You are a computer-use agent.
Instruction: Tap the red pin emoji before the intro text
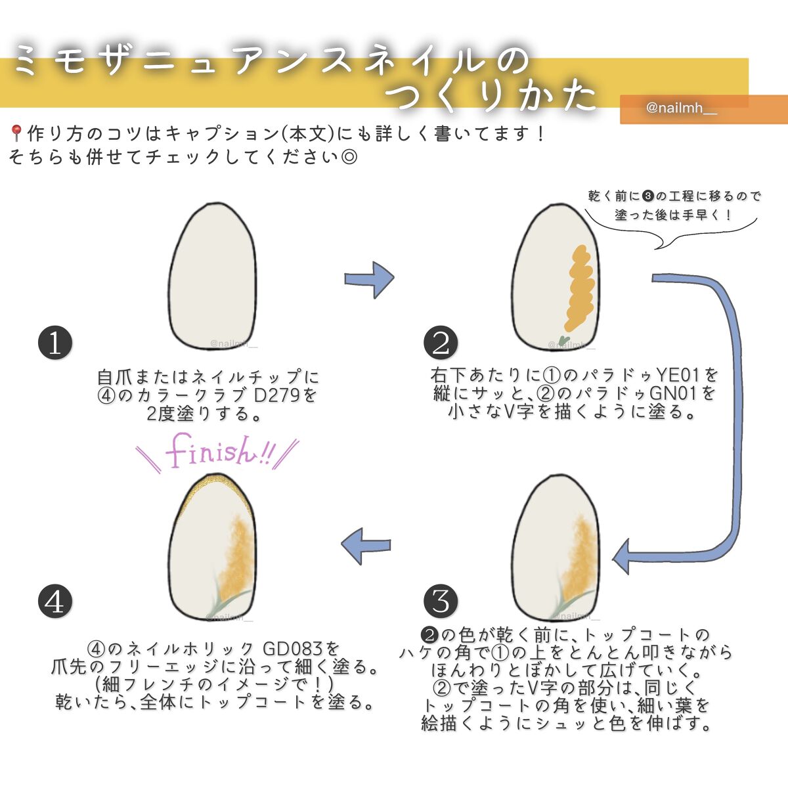click(16, 134)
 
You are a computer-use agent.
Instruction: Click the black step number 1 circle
click(55, 343)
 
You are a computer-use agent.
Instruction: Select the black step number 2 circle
click(441, 343)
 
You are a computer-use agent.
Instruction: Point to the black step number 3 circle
click(441, 600)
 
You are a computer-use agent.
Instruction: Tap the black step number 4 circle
click(55, 600)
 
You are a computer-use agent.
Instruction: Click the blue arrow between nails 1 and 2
click(369, 279)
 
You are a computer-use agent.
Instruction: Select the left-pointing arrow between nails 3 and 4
click(366, 546)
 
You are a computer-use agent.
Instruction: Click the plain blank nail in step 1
click(211, 276)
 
